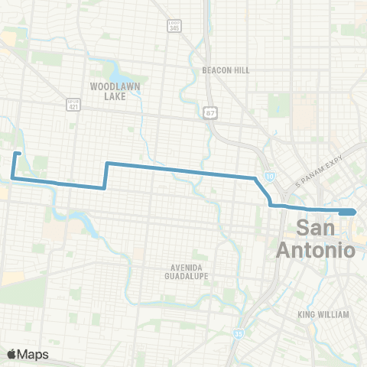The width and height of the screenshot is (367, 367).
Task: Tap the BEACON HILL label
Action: click(x=226, y=70)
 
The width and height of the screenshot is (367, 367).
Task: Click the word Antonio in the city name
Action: click(x=315, y=249)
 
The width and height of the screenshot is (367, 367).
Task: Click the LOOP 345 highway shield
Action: click(x=174, y=26)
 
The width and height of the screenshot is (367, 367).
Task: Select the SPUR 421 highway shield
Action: click(x=73, y=104)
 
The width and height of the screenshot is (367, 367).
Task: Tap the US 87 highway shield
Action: click(x=209, y=113)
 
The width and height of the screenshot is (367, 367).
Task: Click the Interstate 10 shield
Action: click(x=271, y=177)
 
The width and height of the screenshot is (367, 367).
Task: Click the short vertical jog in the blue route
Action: click(x=106, y=175)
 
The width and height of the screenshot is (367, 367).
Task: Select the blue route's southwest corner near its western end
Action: click(x=13, y=178)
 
